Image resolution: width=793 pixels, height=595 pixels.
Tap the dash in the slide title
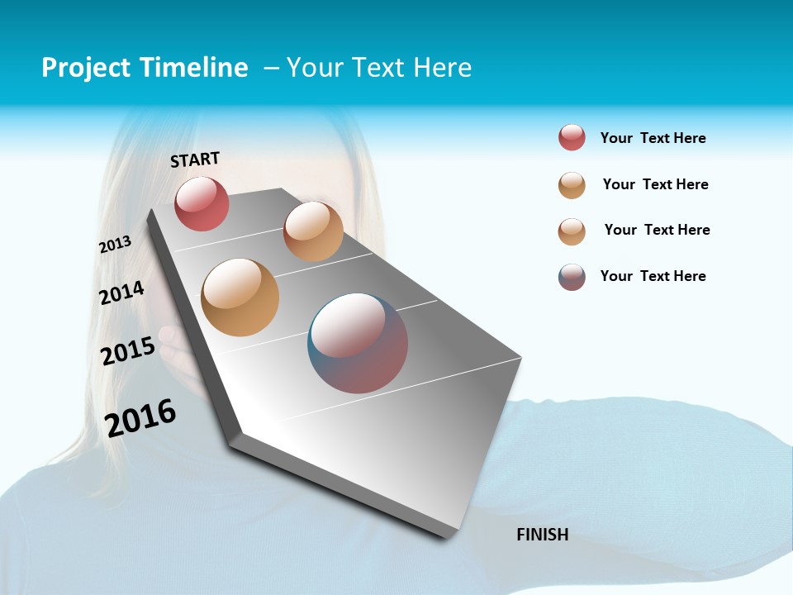point(271,68)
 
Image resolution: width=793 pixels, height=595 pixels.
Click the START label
point(195,159)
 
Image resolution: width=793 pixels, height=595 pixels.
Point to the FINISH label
point(542,535)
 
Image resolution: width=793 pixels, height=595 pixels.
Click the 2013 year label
point(115,245)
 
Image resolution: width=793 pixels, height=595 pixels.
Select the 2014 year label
point(121,293)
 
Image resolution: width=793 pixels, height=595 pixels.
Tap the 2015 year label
point(128,351)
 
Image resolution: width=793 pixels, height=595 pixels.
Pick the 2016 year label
point(140,417)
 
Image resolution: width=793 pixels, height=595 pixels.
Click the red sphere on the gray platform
point(202,204)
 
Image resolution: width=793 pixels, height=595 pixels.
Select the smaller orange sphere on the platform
point(313,231)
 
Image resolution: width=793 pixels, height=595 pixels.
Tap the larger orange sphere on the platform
point(240,297)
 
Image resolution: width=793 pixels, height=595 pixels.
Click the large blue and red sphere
point(358,343)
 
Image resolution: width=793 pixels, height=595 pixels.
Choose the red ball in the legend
point(572,138)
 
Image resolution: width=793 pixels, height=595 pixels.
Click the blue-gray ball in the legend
point(572,277)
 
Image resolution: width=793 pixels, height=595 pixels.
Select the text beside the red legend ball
point(653,138)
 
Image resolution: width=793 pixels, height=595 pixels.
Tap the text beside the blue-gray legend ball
point(653,276)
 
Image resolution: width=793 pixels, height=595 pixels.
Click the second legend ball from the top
point(572,185)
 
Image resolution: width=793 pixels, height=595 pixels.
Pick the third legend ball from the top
point(572,231)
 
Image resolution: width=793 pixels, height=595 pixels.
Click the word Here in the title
point(442,68)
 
